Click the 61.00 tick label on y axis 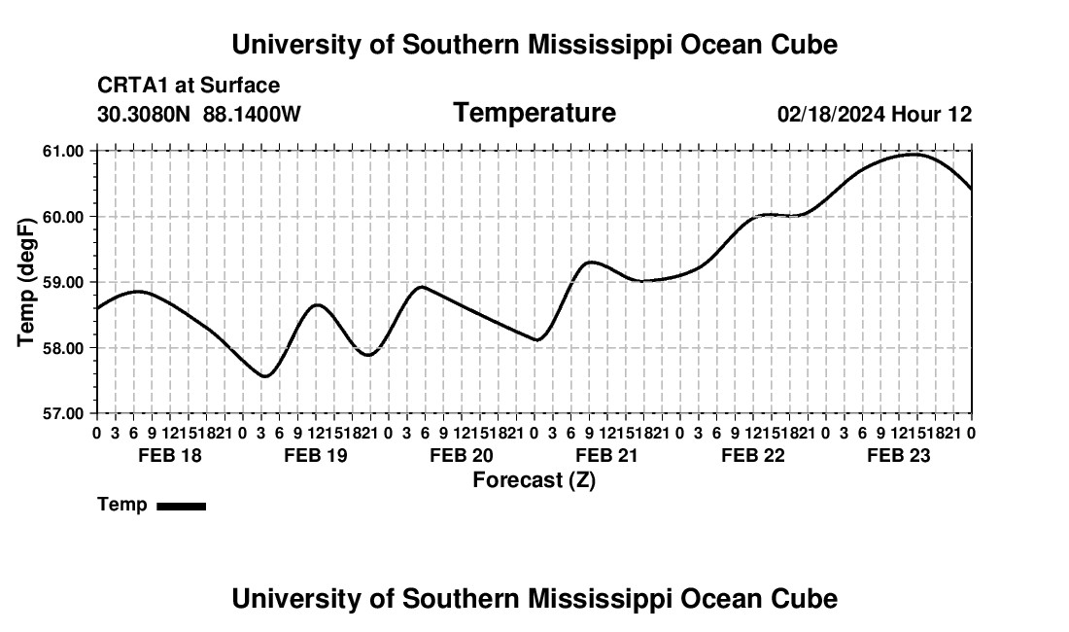pos(63,151)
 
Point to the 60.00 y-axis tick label pos(63,217)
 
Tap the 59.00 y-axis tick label pos(63,282)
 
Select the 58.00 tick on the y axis pos(63,348)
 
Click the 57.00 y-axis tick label pos(63,414)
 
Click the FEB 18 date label pos(170,455)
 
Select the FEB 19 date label pos(316,455)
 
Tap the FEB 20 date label pos(462,455)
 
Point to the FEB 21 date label pos(606,455)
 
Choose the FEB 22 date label pos(752,455)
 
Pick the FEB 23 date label pos(899,455)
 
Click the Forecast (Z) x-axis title pos(534,480)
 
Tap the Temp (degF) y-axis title pos(26,282)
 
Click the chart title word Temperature pos(534,113)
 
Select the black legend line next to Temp pos(182,506)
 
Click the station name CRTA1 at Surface pos(189,86)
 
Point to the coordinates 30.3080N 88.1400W pos(199,114)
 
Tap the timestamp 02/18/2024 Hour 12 pos(875,114)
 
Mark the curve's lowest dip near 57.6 pos(264,376)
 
